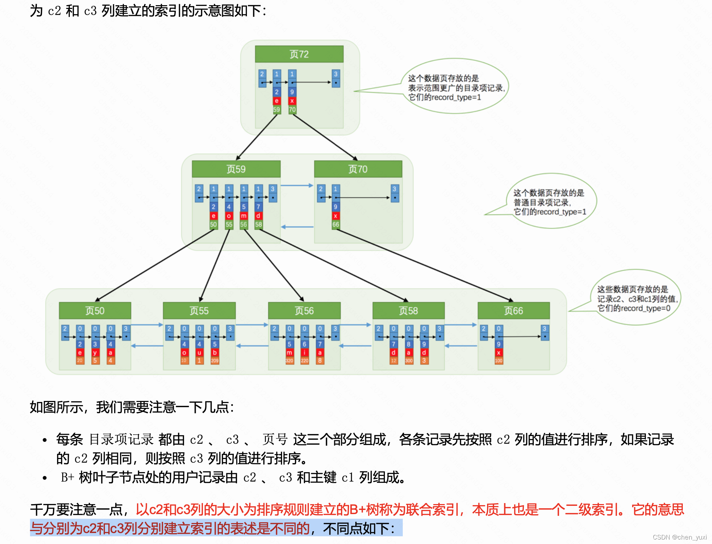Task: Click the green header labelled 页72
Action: (299, 54)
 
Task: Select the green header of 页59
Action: (236, 169)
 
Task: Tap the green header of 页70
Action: (358, 169)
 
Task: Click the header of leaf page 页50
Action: (95, 311)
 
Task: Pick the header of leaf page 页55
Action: (199, 311)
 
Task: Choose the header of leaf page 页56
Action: (304, 311)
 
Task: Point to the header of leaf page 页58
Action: (408, 311)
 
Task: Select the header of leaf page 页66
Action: (514, 311)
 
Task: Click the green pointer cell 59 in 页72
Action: (277, 110)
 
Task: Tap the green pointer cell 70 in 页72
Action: (292, 110)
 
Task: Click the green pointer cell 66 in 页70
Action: (335, 225)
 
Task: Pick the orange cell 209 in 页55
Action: (215, 361)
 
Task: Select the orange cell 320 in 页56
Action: (289, 361)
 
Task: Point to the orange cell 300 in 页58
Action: (409, 361)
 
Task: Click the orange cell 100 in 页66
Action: (498, 361)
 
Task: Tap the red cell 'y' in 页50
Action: (95, 352)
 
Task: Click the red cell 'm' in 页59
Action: (244, 216)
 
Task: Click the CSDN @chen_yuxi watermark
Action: (679, 537)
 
